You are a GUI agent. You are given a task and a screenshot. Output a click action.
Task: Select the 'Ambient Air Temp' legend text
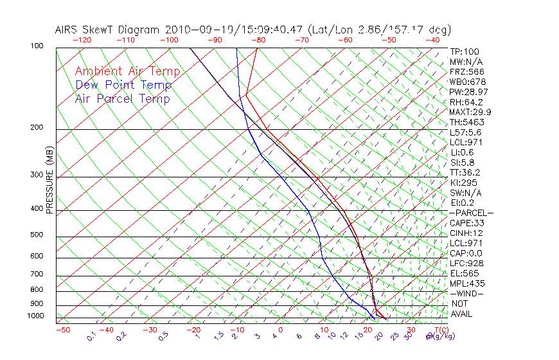127,71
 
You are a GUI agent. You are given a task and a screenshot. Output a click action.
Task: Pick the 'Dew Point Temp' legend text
123,85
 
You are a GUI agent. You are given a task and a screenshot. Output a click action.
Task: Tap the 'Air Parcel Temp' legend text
123,98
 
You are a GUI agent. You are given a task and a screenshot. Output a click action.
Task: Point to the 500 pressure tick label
37,235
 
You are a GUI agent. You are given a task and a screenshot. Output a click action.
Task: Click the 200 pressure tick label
37,127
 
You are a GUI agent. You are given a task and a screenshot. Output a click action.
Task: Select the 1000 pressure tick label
35,316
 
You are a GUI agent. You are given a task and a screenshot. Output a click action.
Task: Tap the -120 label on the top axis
82,40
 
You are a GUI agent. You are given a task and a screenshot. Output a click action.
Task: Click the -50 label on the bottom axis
62,330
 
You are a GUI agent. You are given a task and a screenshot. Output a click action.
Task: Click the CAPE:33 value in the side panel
466,223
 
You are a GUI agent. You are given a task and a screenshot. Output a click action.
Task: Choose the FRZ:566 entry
467,71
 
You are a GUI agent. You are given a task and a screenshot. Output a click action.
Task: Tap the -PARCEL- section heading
471,213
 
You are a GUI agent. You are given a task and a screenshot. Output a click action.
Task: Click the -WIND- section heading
466,293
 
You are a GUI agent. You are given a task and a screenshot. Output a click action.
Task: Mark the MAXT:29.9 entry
471,112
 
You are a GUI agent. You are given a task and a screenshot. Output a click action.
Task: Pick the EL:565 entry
464,273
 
